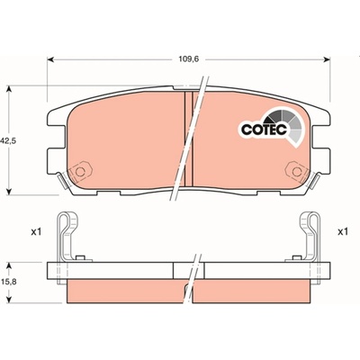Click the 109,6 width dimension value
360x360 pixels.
coord(189,59)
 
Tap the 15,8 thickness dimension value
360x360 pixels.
coord(8,282)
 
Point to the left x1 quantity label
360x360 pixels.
coord(36,232)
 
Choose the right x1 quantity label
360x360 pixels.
coord(342,232)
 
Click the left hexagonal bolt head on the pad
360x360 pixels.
coord(80,172)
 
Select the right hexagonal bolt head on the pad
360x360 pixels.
coord(296,172)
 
